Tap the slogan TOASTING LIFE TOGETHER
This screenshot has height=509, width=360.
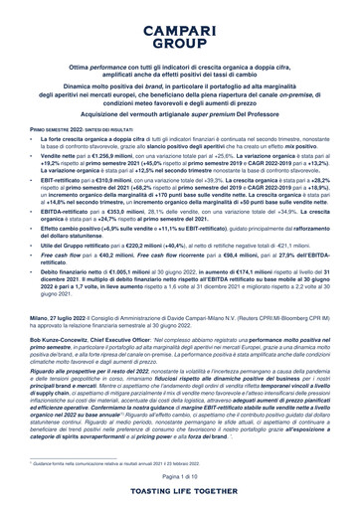180,491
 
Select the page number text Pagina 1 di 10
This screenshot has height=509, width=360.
180,478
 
